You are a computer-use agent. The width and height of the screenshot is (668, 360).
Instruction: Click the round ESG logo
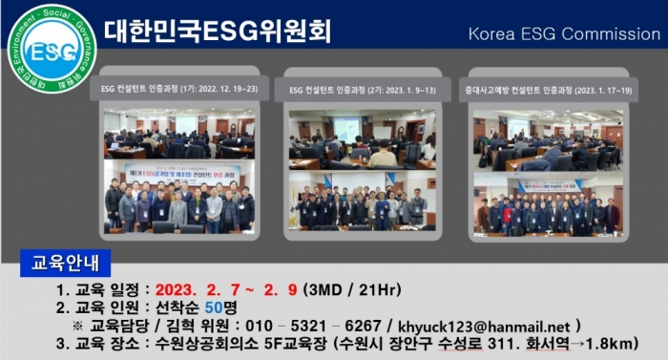[52, 48]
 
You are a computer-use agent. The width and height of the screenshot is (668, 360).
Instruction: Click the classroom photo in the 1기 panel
[178, 134]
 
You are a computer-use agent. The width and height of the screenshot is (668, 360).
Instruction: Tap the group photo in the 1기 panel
[178, 198]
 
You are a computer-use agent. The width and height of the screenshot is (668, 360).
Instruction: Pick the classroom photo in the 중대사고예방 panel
[548, 139]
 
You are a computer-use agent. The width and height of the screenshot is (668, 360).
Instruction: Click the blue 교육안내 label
[66, 260]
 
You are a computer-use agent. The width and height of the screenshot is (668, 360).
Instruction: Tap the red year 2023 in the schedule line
[181, 287]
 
